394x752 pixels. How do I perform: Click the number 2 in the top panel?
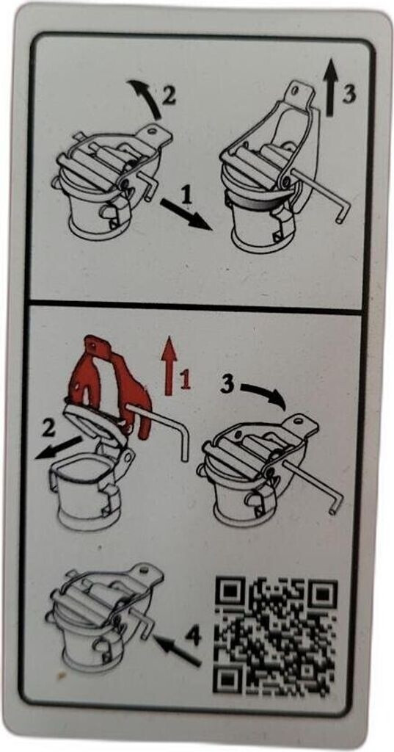[x=168, y=96]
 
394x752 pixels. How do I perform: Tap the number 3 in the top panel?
[x=349, y=94]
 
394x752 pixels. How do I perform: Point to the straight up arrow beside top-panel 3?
[x=329, y=90]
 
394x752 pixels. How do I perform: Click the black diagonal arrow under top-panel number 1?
[x=186, y=214]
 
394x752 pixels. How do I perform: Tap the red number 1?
[x=185, y=381]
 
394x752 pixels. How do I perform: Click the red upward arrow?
[x=169, y=366]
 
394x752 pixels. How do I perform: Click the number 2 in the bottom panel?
[x=49, y=428]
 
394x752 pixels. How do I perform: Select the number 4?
[x=194, y=636]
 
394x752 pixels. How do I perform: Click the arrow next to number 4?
[x=176, y=650]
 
